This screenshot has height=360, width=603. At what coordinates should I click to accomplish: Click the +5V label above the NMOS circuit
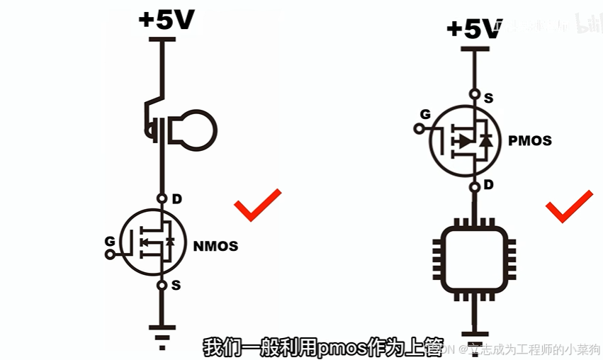167,19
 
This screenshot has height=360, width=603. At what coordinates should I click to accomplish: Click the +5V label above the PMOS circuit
473,29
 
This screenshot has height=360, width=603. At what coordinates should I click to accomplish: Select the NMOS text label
215,247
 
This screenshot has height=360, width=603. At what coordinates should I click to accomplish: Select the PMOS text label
530,140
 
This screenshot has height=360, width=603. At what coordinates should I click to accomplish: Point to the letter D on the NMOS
176,199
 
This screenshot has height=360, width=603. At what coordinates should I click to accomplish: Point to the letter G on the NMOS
110,241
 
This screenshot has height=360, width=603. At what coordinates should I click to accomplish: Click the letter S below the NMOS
176,286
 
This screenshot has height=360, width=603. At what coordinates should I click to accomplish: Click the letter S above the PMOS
488,99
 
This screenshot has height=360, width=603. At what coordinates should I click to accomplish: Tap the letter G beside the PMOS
425,114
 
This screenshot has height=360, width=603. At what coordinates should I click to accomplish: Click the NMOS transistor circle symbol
150,242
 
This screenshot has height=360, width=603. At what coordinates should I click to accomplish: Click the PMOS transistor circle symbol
465,140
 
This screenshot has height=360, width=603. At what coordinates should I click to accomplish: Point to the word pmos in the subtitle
337,348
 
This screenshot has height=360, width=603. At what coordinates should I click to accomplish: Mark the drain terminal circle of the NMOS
162,198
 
